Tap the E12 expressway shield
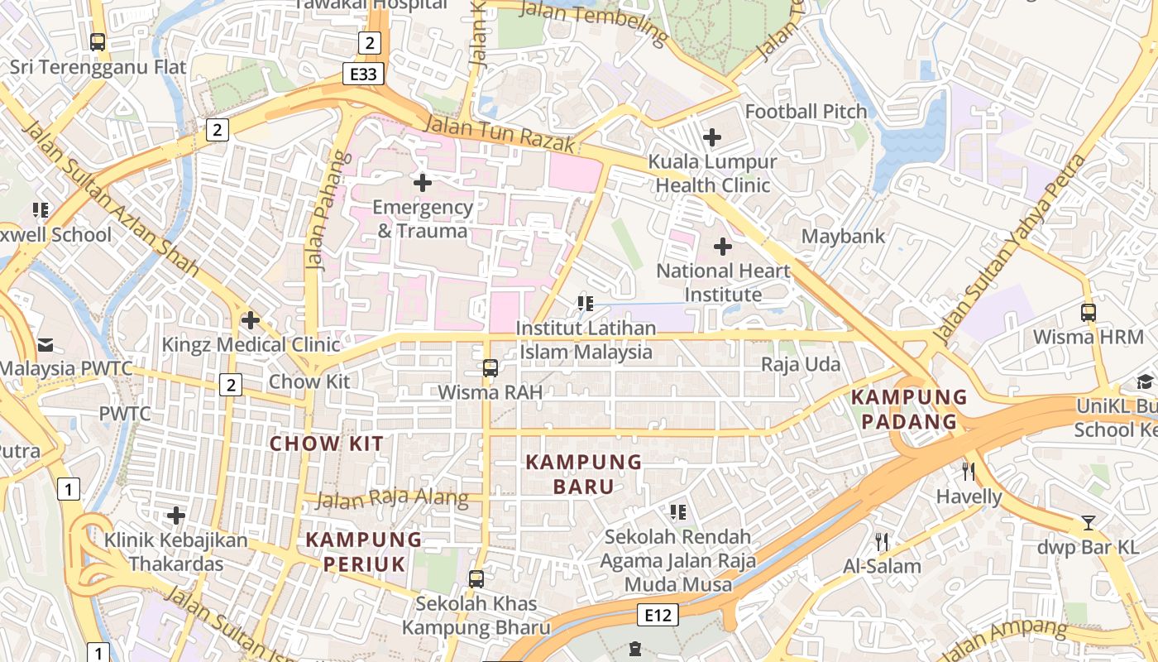[x=658, y=615]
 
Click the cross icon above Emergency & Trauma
[x=423, y=182]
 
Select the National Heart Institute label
[x=723, y=282]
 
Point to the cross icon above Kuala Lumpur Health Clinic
[x=711, y=137]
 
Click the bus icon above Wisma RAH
[x=490, y=367]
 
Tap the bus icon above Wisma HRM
[x=1089, y=313]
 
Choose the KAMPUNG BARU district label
[x=584, y=473]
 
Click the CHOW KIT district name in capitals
[x=328, y=444]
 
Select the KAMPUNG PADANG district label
[x=909, y=409]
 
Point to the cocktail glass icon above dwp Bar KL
[x=1089, y=523]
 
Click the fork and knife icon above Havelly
[x=969, y=472]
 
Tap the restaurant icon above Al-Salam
[x=882, y=542]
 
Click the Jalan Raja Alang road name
[x=392, y=499]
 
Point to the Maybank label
[x=843, y=236]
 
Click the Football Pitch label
[x=806, y=111]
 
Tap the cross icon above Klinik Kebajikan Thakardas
[x=175, y=516]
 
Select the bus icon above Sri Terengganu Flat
[x=98, y=41]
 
